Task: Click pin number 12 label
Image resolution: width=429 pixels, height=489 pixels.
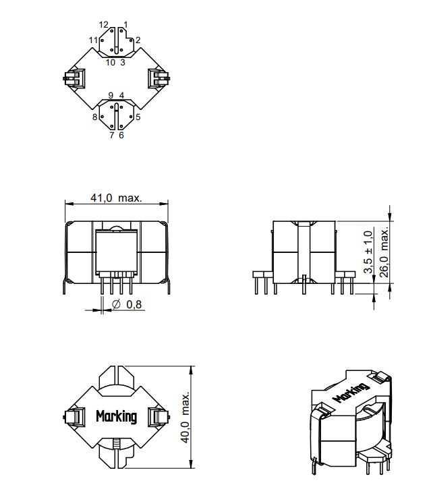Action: (x=103, y=24)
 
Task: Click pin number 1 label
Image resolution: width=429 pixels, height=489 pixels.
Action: (x=125, y=24)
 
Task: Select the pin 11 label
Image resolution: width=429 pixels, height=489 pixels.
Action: (x=93, y=40)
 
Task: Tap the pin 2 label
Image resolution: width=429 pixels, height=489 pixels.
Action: (x=138, y=40)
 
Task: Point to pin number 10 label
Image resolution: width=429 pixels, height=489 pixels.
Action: (x=110, y=63)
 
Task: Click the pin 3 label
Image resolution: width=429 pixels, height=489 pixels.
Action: (x=123, y=63)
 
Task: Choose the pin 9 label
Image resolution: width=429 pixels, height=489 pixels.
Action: (x=111, y=96)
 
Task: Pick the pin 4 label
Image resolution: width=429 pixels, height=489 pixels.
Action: (x=121, y=96)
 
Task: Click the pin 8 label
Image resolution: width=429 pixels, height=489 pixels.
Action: (x=96, y=117)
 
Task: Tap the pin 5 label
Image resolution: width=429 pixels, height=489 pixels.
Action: (x=138, y=117)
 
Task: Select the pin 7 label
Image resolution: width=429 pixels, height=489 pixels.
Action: (x=112, y=135)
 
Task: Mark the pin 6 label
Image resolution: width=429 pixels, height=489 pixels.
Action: (x=121, y=135)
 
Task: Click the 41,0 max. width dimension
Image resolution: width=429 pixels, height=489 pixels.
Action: (x=116, y=198)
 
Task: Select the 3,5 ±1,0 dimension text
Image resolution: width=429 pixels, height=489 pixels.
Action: (x=368, y=252)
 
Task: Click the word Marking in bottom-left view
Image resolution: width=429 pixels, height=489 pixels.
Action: (x=116, y=416)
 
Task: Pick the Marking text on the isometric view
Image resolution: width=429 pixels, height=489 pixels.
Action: (x=351, y=393)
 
